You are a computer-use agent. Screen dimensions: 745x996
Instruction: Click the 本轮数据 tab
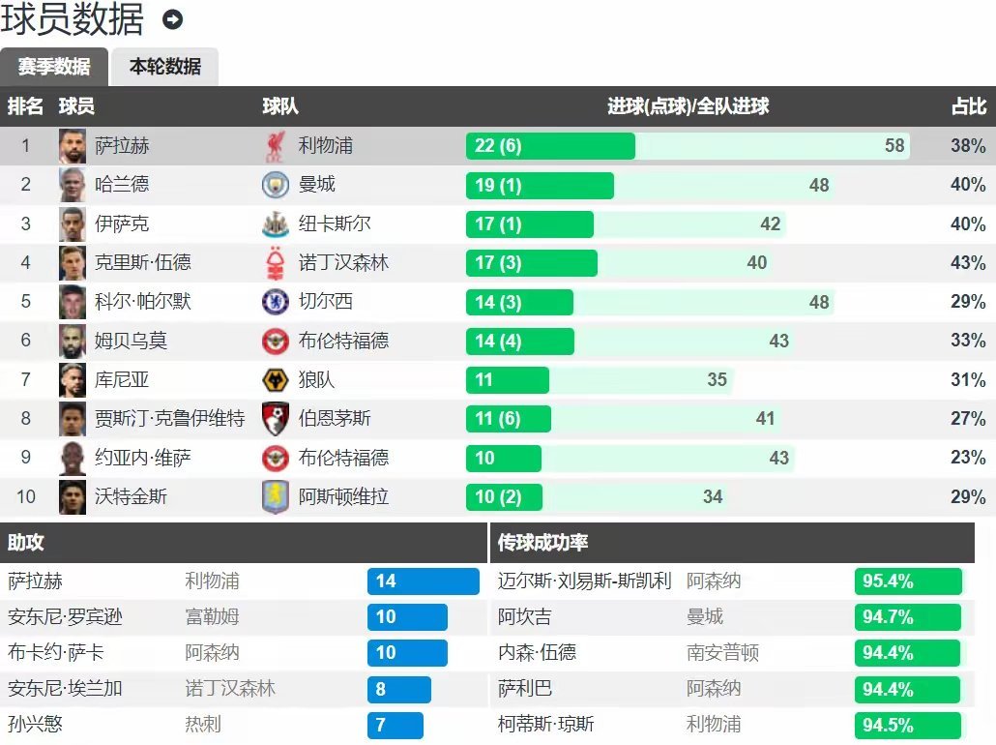pyautogui.click(x=165, y=67)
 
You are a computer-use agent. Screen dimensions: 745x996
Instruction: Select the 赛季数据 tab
pyautogui.click(x=54, y=67)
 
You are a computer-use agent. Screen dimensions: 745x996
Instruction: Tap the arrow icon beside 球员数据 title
pyautogui.click(x=173, y=19)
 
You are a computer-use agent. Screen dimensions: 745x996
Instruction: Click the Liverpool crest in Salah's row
pyautogui.click(x=275, y=146)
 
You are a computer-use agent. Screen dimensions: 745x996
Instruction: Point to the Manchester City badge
pyautogui.click(x=275, y=185)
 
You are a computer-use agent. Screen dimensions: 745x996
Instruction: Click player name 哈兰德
pyautogui.click(x=122, y=185)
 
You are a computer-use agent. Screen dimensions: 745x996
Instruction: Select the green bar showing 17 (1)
pyautogui.click(x=530, y=224)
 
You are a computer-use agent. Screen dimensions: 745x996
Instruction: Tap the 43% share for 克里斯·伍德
pyautogui.click(x=967, y=263)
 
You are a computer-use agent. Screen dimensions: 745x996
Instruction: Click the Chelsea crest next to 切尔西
pyautogui.click(x=275, y=302)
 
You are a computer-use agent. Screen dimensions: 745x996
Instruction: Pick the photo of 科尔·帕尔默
pyautogui.click(x=73, y=302)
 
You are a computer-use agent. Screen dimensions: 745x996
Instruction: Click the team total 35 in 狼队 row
pyautogui.click(x=717, y=380)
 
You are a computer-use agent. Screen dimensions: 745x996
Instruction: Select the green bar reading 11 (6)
pyautogui.click(x=509, y=419)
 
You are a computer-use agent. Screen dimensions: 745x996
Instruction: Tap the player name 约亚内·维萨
pyautogui.click(x=143, y=458)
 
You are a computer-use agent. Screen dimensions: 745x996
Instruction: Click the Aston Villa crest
pyautogui.click(x=275, y=497)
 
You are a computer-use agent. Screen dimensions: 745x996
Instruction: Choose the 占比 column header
pyautogui.click(x=968, y=106)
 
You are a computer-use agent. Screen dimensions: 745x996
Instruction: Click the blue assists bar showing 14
pyautogui.click(x=423, y=581)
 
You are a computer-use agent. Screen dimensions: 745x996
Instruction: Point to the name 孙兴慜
pyautogui.click(x=36, y=725)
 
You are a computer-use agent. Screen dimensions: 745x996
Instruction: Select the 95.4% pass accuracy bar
pyautogui.click(x=908, y=581)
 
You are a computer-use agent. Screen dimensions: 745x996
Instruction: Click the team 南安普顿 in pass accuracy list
pyautogui.click(x=723, y=653)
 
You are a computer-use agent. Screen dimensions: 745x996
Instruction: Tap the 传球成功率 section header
pyautogui.click(x=543, y=544)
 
